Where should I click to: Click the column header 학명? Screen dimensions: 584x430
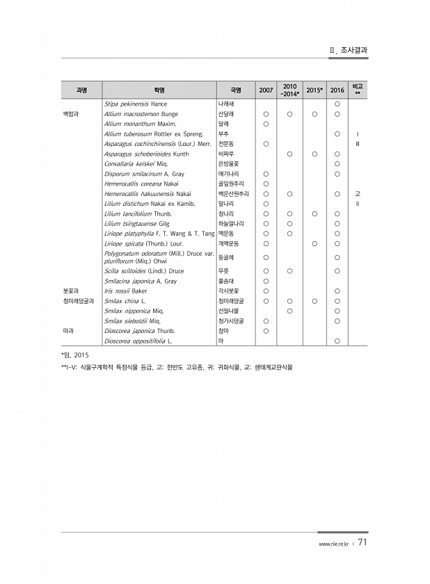point(159,90)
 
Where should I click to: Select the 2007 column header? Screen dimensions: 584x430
point(266,90)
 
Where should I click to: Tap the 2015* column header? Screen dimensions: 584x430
point(314,90)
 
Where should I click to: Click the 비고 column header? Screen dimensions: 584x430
point(358,90)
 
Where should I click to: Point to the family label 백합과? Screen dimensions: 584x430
point(71,113)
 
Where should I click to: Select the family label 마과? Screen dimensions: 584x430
point(67,331)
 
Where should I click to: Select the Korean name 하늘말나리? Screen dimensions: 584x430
point(232,224)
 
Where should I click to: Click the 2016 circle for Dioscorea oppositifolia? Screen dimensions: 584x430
point(337,341)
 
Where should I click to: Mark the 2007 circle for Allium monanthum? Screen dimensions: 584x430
point(266,123)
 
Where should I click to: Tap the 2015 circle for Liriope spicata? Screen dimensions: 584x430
point(314,244)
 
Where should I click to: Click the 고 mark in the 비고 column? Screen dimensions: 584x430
point(358,194)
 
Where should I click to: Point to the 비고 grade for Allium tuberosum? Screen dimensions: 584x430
point(358,133)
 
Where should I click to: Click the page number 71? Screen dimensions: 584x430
point(364,543)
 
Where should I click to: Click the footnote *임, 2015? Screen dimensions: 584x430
point(76,355)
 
